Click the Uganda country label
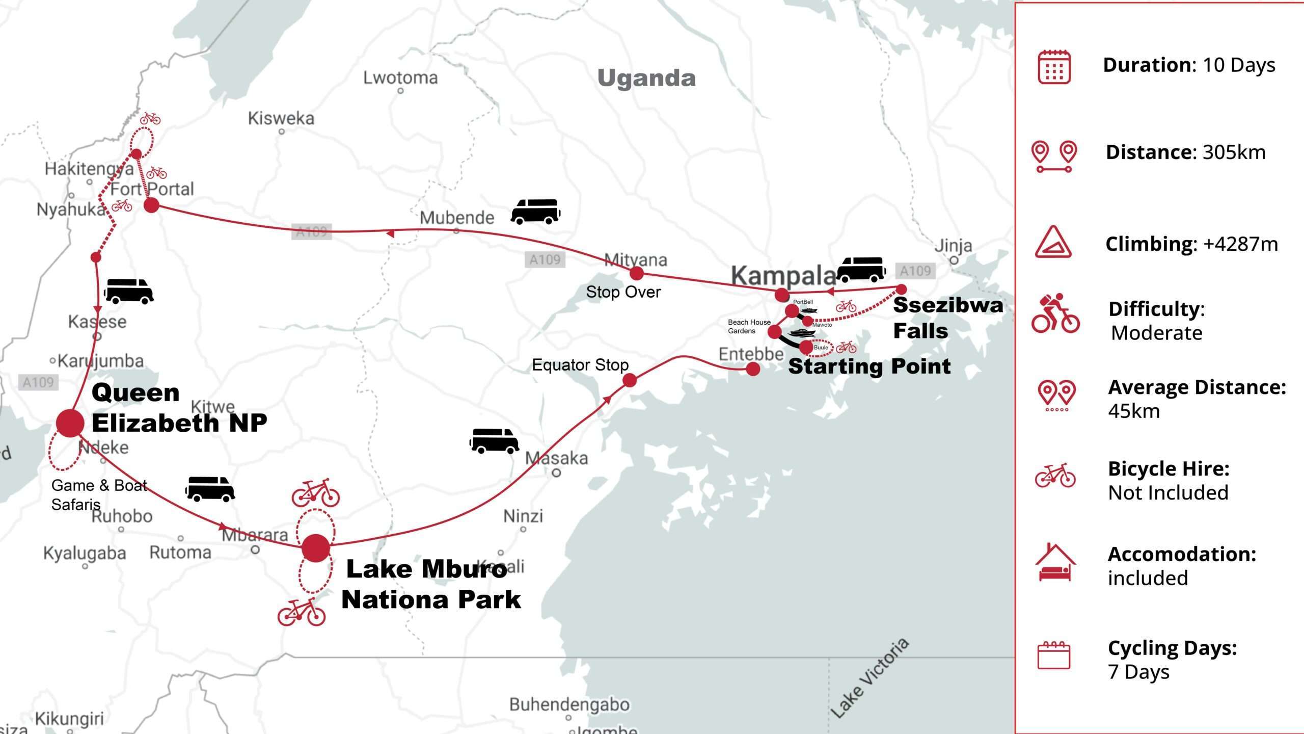coord(646,78)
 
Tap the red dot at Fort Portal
coord(151,205)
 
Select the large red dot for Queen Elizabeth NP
coord(70,423)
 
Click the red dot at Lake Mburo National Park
coord(316,548)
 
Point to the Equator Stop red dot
coord(630,380)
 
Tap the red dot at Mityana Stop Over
coord(637,273)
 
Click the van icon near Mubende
coord(535,212)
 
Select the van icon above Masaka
coord(494,441)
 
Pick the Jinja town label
coord(953,246)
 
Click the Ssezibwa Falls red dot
coord(901,290)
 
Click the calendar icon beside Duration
coord(1054,67)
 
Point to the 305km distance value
coord(1234,152)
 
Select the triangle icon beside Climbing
coord(1053,242)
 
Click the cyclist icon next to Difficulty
coord(1055,313)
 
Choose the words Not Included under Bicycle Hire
coord(1168,493)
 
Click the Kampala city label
coord(783,276)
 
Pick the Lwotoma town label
coord(400,78)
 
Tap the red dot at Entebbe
coord(753,369)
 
